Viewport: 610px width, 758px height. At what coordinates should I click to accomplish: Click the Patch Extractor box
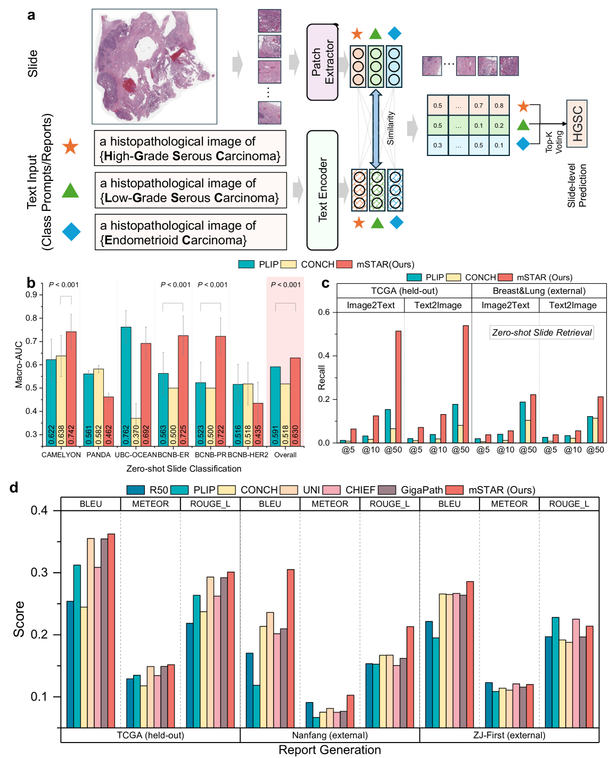click(x=323, y=62)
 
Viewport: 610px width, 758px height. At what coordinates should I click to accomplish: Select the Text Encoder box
click(x=323, y=190)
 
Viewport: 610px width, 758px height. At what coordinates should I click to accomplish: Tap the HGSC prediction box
click(x=577, y=123)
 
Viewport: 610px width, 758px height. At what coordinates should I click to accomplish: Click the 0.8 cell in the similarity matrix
click(x=499, y=105)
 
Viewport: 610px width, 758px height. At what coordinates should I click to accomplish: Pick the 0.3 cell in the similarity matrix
click(x=438, y=145)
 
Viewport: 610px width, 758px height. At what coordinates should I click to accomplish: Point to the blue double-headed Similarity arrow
click(x=376, y=128)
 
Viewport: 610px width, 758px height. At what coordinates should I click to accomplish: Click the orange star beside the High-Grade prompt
click(x=70, y=146)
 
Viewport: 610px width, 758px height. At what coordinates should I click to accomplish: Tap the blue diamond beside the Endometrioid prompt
click(x=71, y=232)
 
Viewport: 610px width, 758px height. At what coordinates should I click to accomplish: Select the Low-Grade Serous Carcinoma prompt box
click(x=191, y=190)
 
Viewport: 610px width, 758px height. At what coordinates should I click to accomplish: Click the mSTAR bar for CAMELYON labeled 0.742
click(x=71, y=389)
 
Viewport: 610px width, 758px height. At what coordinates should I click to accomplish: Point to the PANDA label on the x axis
click(x=98, y=455)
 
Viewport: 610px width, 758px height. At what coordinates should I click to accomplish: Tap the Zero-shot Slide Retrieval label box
click(x=541, y=333)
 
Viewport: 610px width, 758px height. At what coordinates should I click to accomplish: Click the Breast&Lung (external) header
click(x=539, y=291)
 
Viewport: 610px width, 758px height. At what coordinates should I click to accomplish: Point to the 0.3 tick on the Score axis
click(x=39, y=572)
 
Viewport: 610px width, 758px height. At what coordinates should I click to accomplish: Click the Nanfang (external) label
click(x=329, y=735)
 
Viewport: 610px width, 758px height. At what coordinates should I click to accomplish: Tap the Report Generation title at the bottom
click(x=329, y=750)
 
